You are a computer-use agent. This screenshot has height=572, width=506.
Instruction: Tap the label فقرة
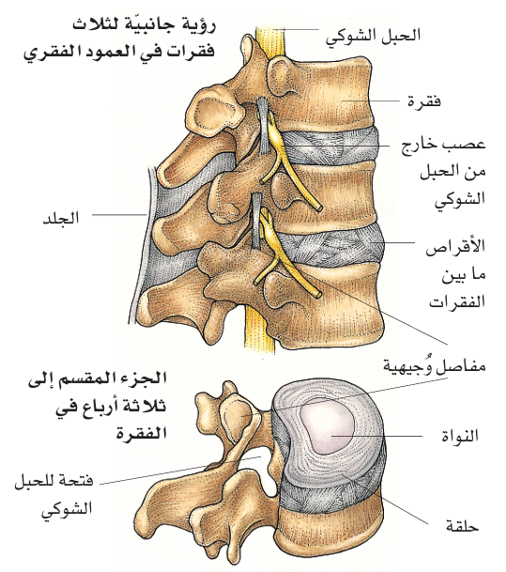pyautogui.click(x=424, y=100)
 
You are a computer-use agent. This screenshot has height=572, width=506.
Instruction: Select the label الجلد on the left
pyautogui.click(x=61, y=219)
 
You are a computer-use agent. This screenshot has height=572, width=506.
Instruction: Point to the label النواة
pyautogui.click(x=460, y=436)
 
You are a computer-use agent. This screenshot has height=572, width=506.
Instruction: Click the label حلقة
pyautogui.click(x=462, y=526)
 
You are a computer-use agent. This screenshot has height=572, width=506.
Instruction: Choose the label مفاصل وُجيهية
pyautogui.click(x=434, y=364)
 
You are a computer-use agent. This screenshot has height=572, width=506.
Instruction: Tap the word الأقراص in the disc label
pyautogui.click(x=455, y=247)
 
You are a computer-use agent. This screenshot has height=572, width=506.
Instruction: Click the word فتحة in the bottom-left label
pyautogui.click(x=77, y=481)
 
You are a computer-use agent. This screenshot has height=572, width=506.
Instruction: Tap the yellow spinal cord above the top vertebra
pyautogui.click(x=269, y=41)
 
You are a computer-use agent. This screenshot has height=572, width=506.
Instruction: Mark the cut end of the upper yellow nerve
pyautogui.click(x=319, y=209)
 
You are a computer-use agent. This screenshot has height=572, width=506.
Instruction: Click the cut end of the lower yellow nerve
pyautogui.click(x=318, y=293)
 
